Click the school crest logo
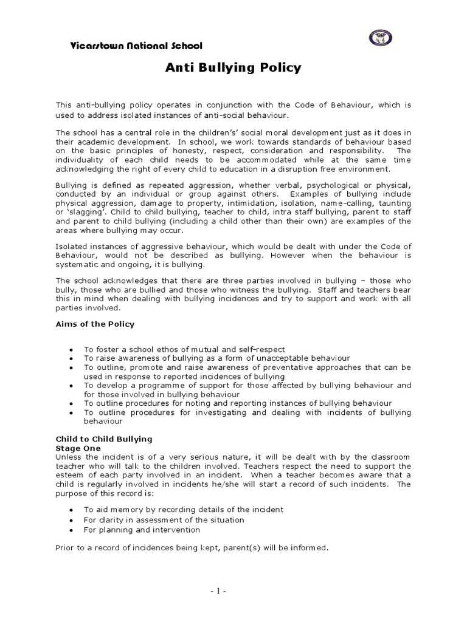(381, 38)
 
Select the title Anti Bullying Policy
(233, 67)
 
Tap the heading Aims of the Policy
(95, 324)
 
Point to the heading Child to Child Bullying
(104, 439)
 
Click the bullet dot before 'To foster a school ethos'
(72, 350)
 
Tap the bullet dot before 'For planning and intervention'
(72, 530)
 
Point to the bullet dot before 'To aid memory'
(72, 510)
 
